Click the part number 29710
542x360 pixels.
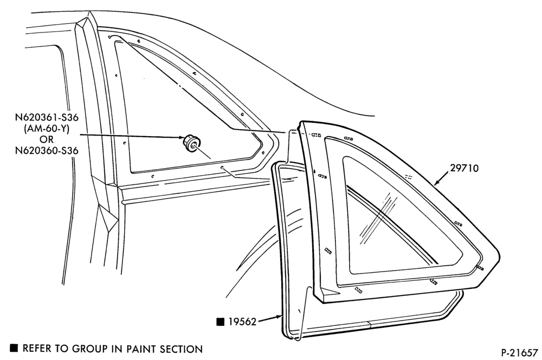coord(464,169)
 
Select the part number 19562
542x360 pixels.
coord(242,322)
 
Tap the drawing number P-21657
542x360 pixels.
coord(520,352)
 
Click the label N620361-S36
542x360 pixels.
coord(47,118)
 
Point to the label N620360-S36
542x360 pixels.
coord(47,150)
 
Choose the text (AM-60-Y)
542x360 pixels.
coord(47,128)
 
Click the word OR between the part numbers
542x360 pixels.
coord(47,139)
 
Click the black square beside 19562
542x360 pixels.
coord(220,322)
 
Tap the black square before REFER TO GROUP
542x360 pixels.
coord(14,348)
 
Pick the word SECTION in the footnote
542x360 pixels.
coord(181,349)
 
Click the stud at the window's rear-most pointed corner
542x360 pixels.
coord(480,268)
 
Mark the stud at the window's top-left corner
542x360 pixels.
coord(316,135)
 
